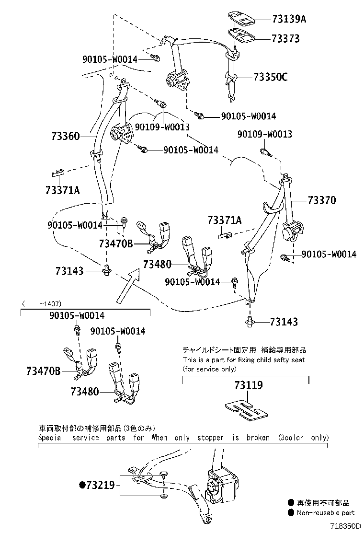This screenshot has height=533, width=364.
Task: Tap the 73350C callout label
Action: point(270,77)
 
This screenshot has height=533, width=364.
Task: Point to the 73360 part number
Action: point(65,136)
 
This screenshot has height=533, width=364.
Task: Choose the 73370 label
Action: point(322,200)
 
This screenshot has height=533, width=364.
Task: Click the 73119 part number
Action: point(249,385)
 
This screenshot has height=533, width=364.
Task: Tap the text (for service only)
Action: point(209,369)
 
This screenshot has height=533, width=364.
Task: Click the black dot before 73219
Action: point(82,485)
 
